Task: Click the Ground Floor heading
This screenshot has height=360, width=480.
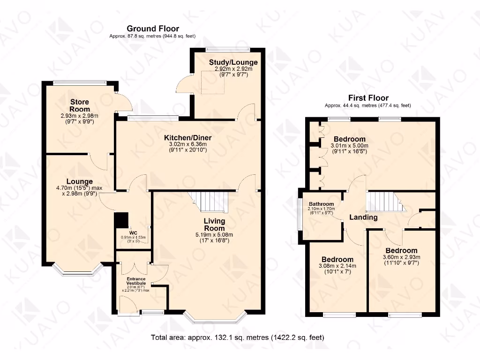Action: click(x=152, y=29)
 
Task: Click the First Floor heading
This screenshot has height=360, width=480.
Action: click(x=367, y=98)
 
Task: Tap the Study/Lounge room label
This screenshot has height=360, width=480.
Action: click(x=227, y=62)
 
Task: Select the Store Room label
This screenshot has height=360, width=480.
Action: click(x=80, y=105)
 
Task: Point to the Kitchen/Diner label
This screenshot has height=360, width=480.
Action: click(x=187, y=138)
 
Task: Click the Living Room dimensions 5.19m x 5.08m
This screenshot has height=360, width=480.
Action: click(x=214, y=235)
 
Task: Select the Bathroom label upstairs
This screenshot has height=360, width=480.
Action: click(x=321, y=204)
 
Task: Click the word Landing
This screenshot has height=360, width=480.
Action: click(x=363, y=217)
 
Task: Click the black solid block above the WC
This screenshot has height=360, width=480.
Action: click(x=121, y=220)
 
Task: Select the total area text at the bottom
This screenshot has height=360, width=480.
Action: click(x=237, y=337)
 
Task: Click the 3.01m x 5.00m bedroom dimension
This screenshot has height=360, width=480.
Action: click(x=349, y=145)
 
